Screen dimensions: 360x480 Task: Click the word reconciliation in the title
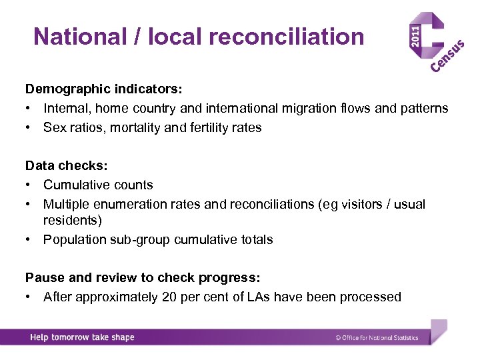pos(287,36)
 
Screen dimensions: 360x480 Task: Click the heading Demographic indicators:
pos(104,89)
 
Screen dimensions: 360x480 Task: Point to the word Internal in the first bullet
pos(64,108)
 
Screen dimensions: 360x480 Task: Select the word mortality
pos(134,127)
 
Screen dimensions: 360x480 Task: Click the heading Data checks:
pos(64,165)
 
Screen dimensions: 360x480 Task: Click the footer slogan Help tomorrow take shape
pos(82,337)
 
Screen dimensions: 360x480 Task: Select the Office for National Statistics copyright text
pos(377,338)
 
